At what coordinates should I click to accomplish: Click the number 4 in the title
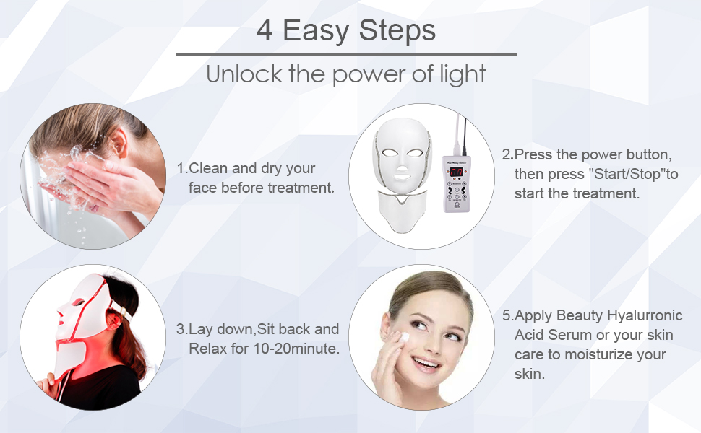coord(265,30)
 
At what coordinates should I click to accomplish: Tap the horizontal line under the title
coord(346,54)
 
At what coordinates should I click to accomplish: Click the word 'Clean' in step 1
coord(209,168)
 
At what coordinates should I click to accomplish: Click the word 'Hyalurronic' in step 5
coord(644,316)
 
